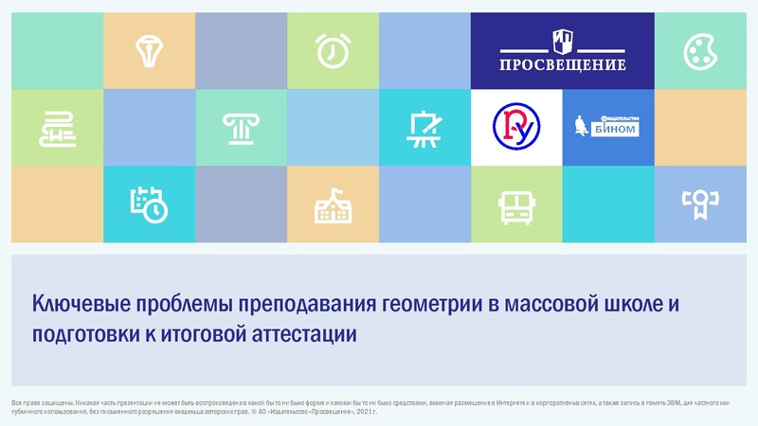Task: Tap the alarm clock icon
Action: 332,49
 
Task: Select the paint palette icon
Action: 702,52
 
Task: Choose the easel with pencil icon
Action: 423,128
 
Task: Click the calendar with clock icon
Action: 149,203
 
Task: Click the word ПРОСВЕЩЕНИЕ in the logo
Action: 563,65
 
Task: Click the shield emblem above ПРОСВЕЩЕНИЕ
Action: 563,41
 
